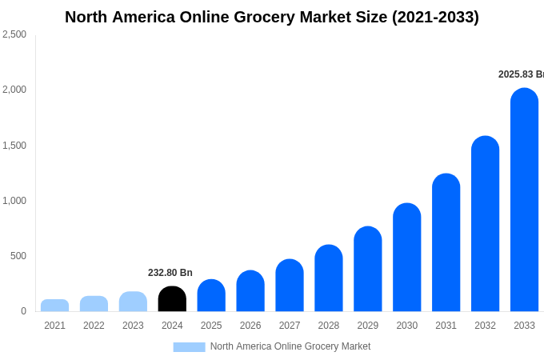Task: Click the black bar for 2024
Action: coord(172,299)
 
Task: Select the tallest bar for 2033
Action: coord(524,200)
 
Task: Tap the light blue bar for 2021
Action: coord(54,306)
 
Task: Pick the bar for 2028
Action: coord(329,278)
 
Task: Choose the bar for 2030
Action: coord(406,258)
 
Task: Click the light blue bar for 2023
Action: coord(133,302)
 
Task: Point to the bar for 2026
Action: coord(250,291)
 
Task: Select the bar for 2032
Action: coord(485,224)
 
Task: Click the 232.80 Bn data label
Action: coord(170,273)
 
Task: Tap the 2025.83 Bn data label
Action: coord(521,74)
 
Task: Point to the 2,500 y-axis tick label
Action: coord(14,34)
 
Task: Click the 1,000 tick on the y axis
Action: coord(14,201)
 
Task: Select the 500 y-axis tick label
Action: coord(18,256)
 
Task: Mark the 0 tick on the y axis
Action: coord(23,311)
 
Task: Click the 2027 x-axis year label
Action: coord(290,326)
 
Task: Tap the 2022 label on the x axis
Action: coord(94,326)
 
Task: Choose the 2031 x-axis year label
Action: coord(446,326)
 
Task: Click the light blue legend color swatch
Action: coord(189,347)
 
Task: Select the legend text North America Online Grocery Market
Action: coord(290,346)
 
